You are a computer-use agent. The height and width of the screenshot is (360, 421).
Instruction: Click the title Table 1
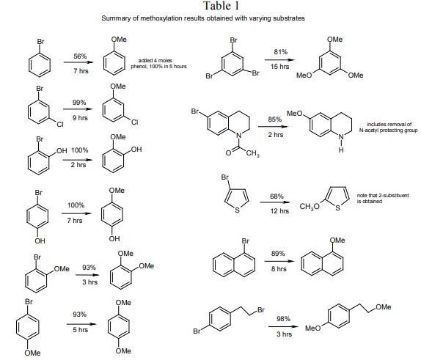[x=221, y=6]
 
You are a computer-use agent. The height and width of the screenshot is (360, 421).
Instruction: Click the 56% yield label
[x=80, y=56]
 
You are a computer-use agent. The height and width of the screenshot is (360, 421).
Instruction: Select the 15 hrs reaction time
[x=279, y=67]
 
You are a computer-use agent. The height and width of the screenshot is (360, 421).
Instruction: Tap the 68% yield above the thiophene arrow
[x=277, y=196]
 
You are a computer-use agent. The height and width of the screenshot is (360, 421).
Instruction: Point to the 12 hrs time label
[x=279, y=211]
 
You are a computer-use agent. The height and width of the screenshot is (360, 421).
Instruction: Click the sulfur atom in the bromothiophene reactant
[x=237, y=210]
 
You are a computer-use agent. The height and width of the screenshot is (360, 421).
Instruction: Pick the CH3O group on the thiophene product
[x=310, y=207]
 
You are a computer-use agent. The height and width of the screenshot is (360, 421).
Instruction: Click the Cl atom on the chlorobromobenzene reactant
[x=60, y=125]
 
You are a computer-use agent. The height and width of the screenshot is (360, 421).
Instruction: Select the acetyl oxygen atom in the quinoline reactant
[x=228, y=153]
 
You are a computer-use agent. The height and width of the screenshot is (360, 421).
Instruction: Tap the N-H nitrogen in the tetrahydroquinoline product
[x=341, y=137]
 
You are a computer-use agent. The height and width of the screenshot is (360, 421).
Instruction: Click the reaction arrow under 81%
[x=279, y=60]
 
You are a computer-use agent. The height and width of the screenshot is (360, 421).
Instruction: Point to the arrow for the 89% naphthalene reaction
[x=279, y=261]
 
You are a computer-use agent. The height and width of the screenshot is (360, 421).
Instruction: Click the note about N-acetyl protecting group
[x=389, y=128]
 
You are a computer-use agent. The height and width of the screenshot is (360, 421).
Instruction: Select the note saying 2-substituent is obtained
[x=383, y=198]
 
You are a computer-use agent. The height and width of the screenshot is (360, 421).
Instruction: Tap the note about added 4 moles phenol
[x=158, y=63]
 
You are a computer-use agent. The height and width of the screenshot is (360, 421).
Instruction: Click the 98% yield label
[x=283, y=319]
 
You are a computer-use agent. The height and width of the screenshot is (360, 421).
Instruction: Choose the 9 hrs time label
[x=80, y=118]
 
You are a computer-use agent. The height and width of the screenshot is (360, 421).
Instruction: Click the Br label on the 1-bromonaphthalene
[x=246, y=241]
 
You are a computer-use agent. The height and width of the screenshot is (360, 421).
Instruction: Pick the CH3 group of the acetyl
[x=252, y=153]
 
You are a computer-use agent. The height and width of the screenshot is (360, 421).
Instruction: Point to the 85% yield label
[x=274, y=120]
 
